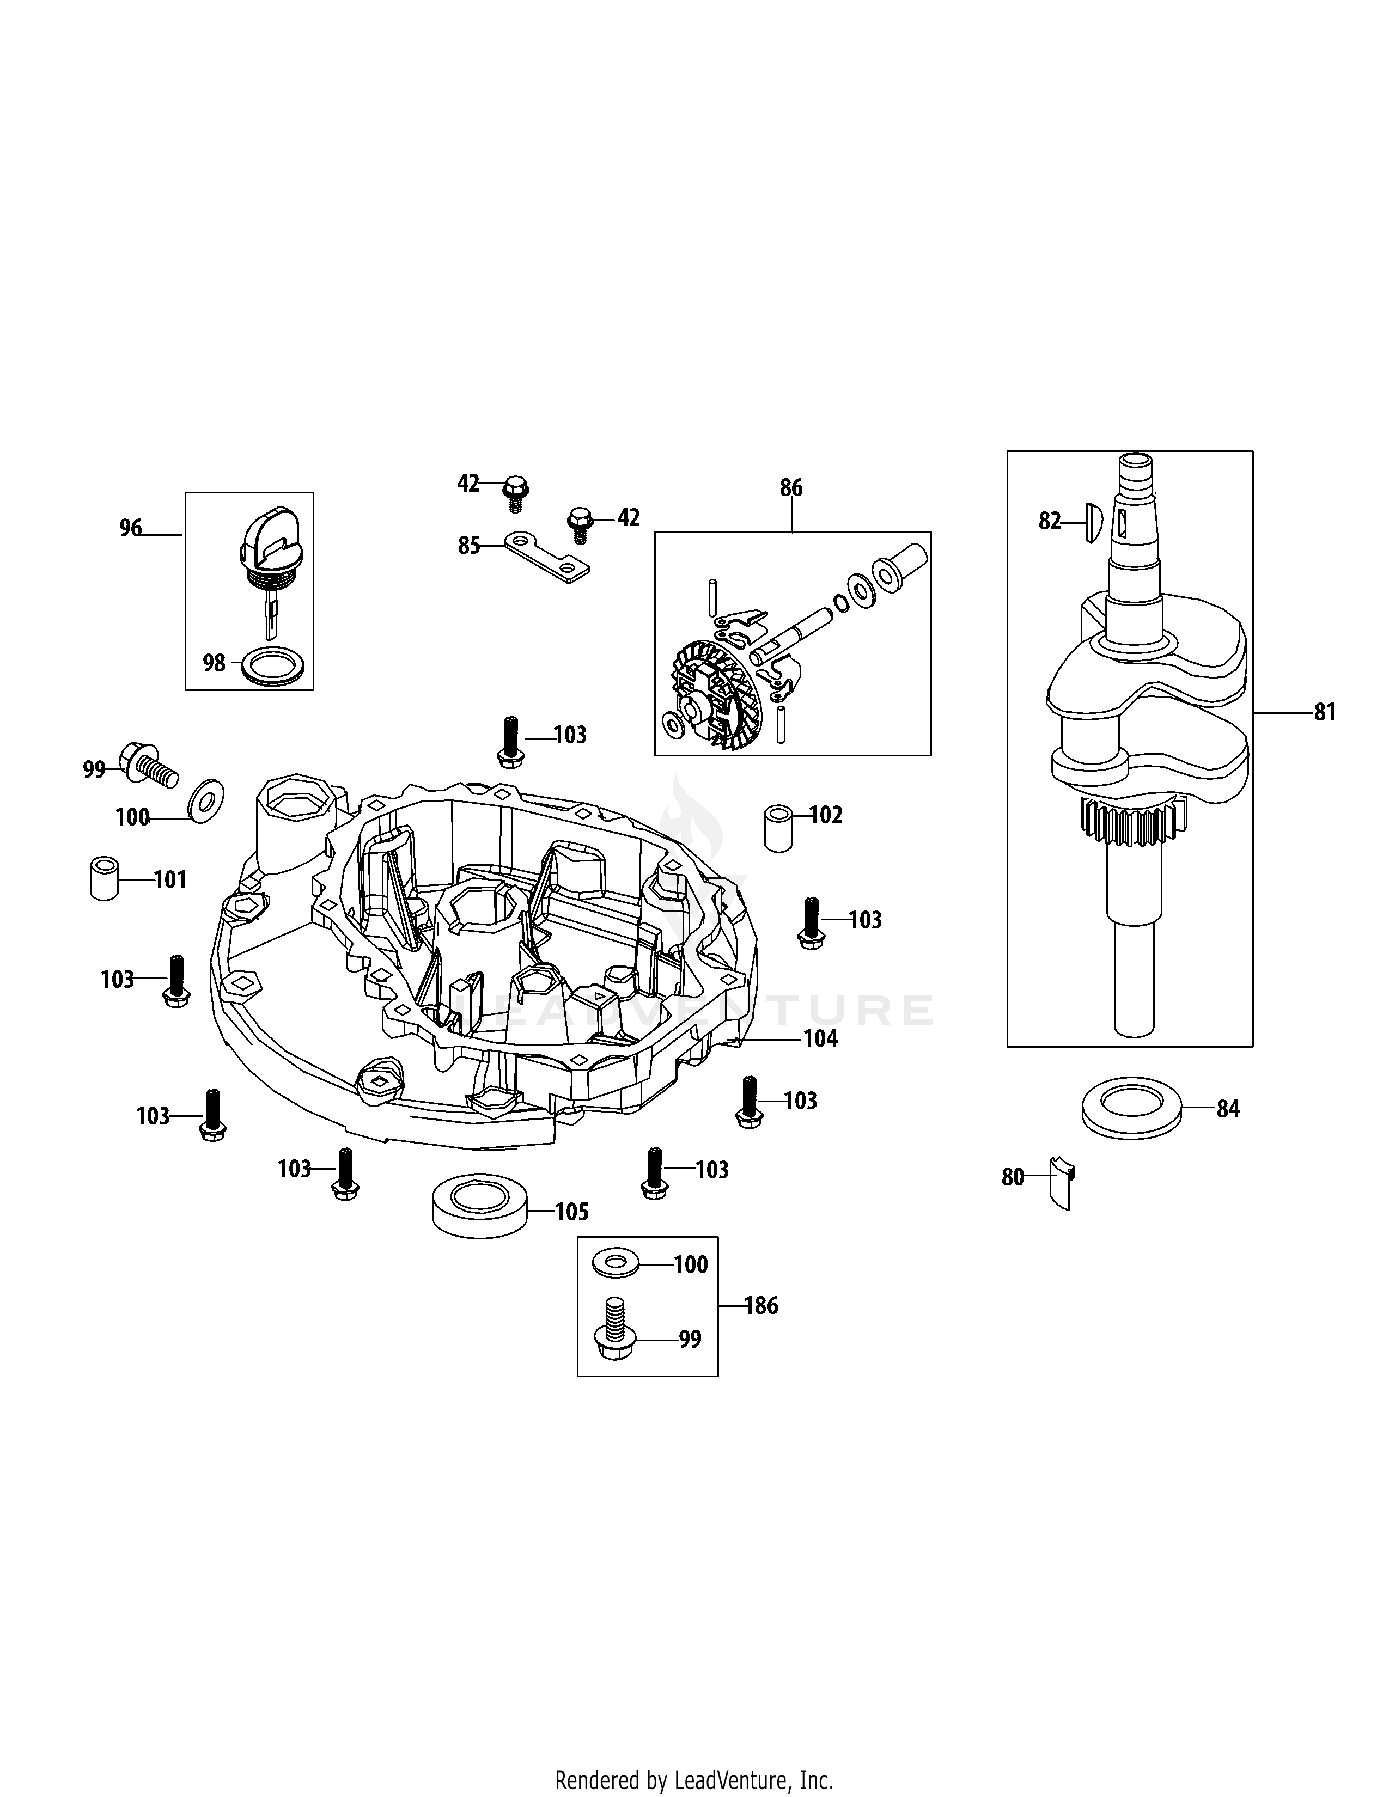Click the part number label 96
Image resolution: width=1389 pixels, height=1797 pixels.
pyautogui.click(x=131, y=528)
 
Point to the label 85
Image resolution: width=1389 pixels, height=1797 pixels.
pyautogui.click(x=469, y=546)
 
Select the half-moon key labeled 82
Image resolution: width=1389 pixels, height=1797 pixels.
pyautogui.click(x=1091, y=522)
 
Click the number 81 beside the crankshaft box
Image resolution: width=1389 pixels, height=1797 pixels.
pyautogui.click(x=1325, y=712)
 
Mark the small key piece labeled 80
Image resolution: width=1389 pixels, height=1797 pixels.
pyautogui.click(x=1062, y=1182)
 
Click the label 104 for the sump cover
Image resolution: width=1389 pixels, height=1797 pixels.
pyautogui.click(x=820, y=1039)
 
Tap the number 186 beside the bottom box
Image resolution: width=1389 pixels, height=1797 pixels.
pyautogui.click(x=761, y=1306)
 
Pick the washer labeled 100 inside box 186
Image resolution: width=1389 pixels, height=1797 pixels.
pyautogui.click(x=616, y=1264)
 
